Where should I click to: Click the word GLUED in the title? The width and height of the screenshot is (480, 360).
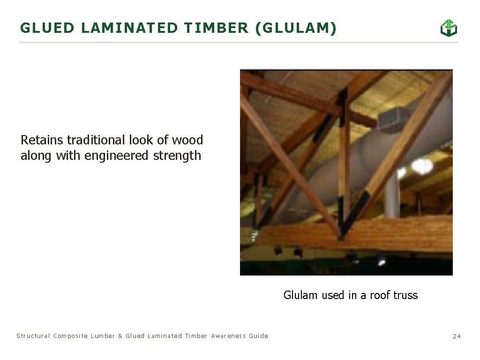[x=47, y=29]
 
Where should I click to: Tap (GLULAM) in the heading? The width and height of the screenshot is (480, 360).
[x=296, y=29]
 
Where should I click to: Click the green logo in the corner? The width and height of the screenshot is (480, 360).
[x=448, y=28]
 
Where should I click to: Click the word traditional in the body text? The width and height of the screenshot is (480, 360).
[x=96, y=140]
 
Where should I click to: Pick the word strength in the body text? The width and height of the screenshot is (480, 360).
[x=177, y=156]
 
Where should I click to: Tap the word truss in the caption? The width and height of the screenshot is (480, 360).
[x=406, y=295]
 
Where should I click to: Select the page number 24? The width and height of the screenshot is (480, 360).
[x=457, y=336]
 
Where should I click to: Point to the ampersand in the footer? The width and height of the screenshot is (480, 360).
[x=120, y=336]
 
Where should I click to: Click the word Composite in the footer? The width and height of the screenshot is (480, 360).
[x=70, y=336]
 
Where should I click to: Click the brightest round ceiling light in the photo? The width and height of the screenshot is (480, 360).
[x=422, y=165]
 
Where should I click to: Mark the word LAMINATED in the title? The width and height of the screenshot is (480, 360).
[x=129, y=29]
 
